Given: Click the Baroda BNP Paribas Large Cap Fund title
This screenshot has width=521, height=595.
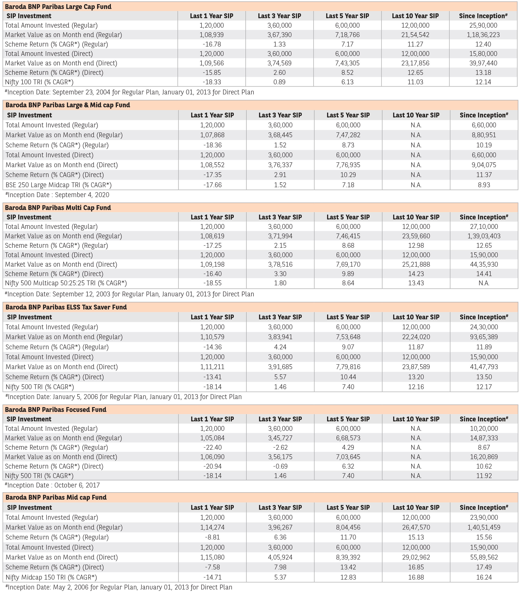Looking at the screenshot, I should click(58, 7).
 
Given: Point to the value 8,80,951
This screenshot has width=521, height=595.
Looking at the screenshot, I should click(484, 135).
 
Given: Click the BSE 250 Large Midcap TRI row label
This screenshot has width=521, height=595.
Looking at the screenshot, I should click(58, 185).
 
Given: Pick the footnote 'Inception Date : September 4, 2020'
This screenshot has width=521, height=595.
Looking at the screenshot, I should click(58, 195).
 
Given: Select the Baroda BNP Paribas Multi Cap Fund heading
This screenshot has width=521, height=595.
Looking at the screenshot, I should click(58, 207).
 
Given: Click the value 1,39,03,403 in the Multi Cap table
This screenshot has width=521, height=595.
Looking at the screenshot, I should click(484, 236).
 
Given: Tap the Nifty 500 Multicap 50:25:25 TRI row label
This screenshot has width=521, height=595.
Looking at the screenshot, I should click(66, 283).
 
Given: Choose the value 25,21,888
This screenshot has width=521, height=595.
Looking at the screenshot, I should click(416, 264).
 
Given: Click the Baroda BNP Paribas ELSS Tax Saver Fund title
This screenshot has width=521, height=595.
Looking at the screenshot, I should click(66, 307).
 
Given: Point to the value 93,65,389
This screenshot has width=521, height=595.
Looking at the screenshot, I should click(484, 337).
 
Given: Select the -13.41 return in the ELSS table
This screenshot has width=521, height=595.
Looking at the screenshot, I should click(212, 377).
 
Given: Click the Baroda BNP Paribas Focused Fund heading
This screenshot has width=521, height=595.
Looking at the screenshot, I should click(55, 410).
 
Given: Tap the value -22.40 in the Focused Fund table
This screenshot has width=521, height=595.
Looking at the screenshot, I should click(212, 447).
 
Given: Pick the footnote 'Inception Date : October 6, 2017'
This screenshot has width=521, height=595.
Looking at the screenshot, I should click(53, 485).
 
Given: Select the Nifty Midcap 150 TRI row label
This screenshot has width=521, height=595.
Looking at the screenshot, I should click(51, 577).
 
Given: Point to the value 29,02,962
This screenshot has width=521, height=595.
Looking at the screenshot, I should click(416, 557).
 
